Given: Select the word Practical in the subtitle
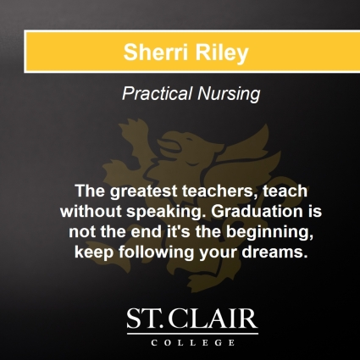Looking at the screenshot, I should (x=155, y=96).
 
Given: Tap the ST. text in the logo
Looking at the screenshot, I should (x=146, y=319).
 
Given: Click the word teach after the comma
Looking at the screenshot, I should (x=263, y=189).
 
